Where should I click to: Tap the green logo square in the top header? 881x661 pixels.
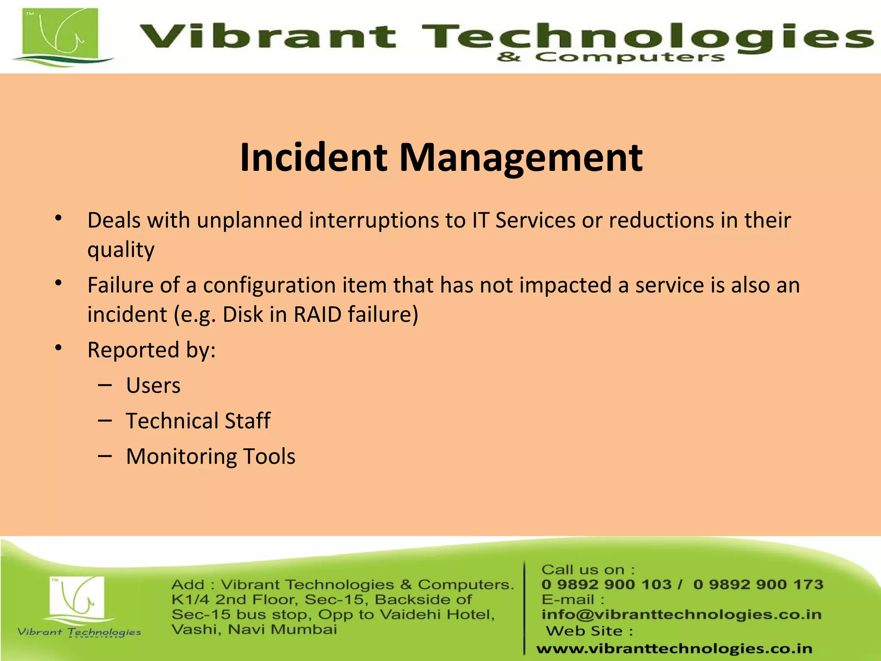61,35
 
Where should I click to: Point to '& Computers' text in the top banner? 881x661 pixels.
610,57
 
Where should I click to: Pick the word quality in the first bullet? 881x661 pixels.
121,250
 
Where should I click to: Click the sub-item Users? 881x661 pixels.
153,385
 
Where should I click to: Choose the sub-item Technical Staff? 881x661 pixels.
198,420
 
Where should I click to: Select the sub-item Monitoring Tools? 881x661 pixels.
210,456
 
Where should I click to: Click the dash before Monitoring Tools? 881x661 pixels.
105,455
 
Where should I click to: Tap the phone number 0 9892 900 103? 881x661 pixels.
606,584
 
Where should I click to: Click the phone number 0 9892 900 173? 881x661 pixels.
758,584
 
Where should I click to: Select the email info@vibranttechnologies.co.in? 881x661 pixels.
681,615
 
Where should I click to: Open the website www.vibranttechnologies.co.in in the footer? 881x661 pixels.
674,649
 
